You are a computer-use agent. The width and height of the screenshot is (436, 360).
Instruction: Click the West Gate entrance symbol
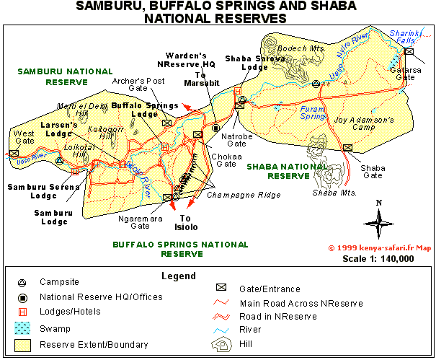point(14,153)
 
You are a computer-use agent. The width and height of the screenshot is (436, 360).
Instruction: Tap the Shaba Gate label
point(372,172)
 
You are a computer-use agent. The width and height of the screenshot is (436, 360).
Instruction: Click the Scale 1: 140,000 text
point(378,258)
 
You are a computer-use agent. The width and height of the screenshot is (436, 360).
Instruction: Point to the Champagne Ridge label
point(233,195)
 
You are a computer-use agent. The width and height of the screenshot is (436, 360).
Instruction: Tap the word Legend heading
point(178,276)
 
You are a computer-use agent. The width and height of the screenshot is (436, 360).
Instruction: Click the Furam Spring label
point(313,111)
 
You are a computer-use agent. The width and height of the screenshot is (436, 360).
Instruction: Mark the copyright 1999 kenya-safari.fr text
point(379,247)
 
